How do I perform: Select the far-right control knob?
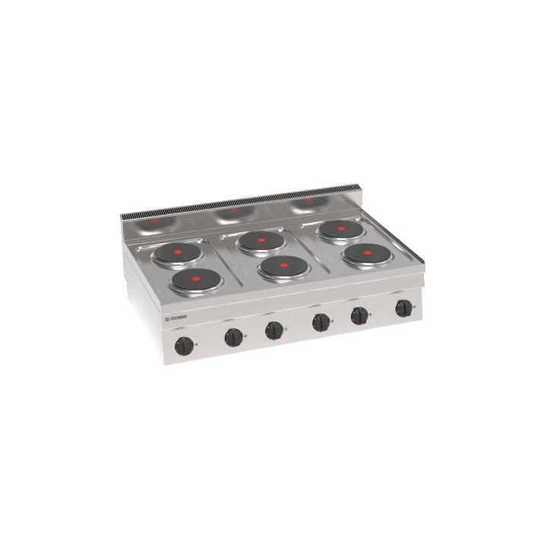click(403, 308)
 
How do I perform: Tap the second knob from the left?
click(232, 336)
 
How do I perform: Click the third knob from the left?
click(273, 330)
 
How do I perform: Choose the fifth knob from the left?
click(359, 315)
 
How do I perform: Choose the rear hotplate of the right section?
click(338, 229)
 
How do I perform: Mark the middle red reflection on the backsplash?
click(234, 210)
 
